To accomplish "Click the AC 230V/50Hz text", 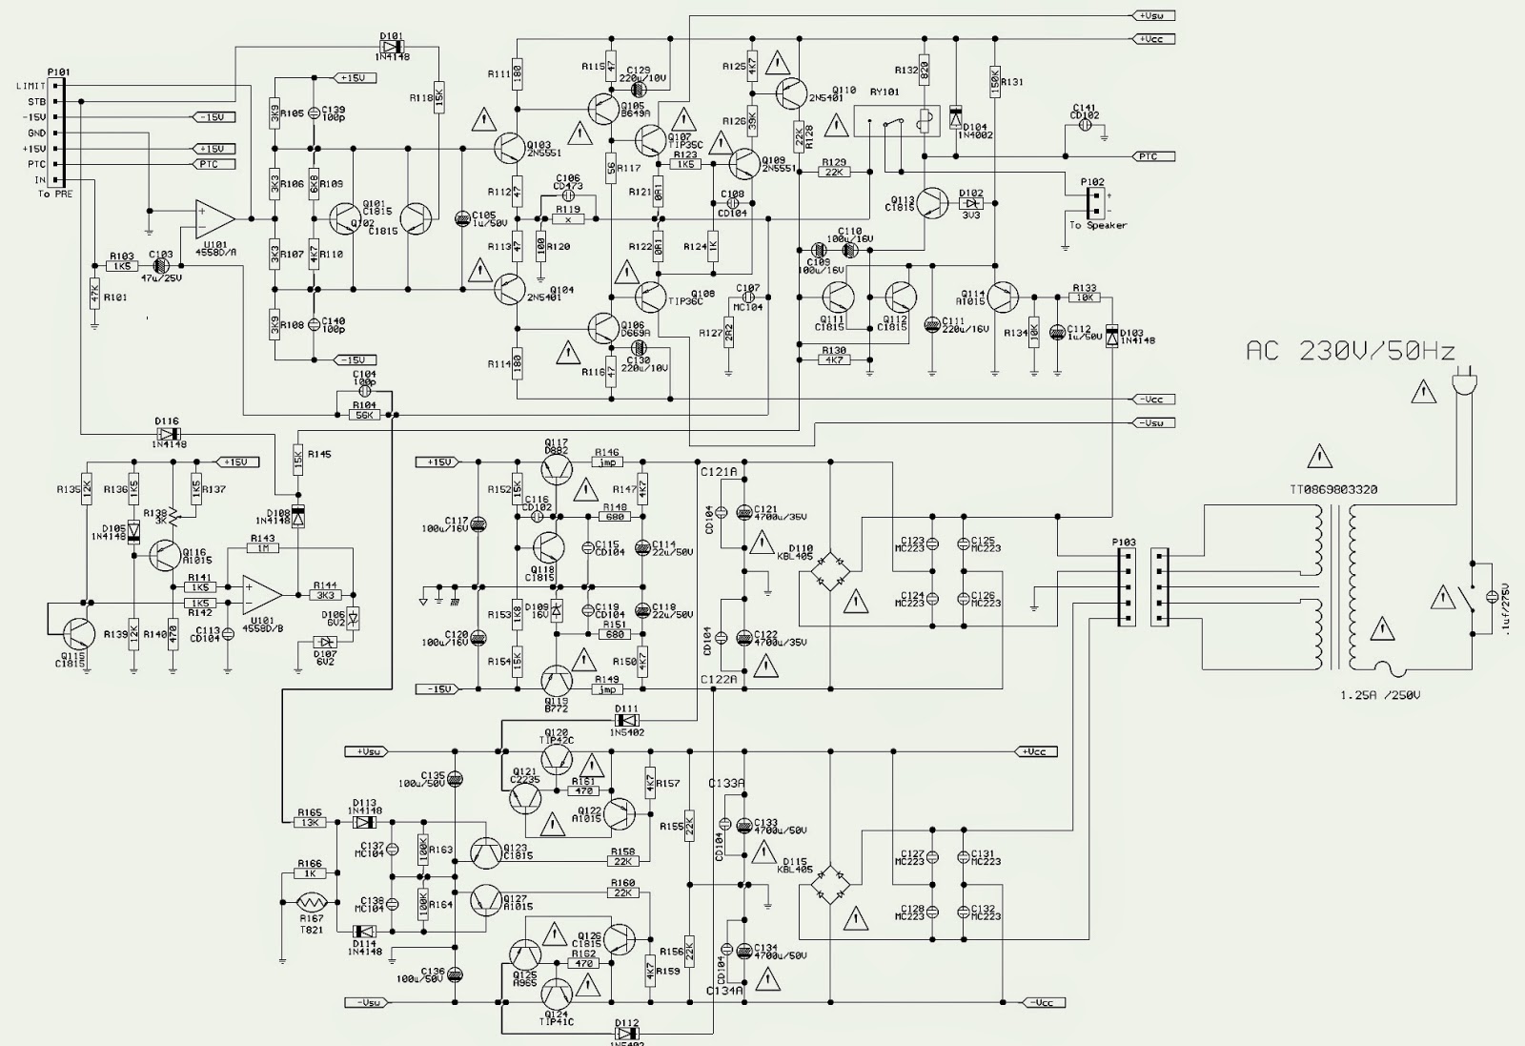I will [1351, 351].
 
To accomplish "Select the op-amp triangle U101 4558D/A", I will [214, 218].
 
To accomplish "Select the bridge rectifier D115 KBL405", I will [828, 887].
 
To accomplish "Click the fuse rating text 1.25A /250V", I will [1379, 695].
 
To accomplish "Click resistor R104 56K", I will [364, 415].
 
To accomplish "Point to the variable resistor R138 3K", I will [174, 516].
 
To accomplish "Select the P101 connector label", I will [57, 72].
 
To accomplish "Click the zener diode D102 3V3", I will [971, 203].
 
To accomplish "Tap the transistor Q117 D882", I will [558, 467].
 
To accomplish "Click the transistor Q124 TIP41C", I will [558, 995].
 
